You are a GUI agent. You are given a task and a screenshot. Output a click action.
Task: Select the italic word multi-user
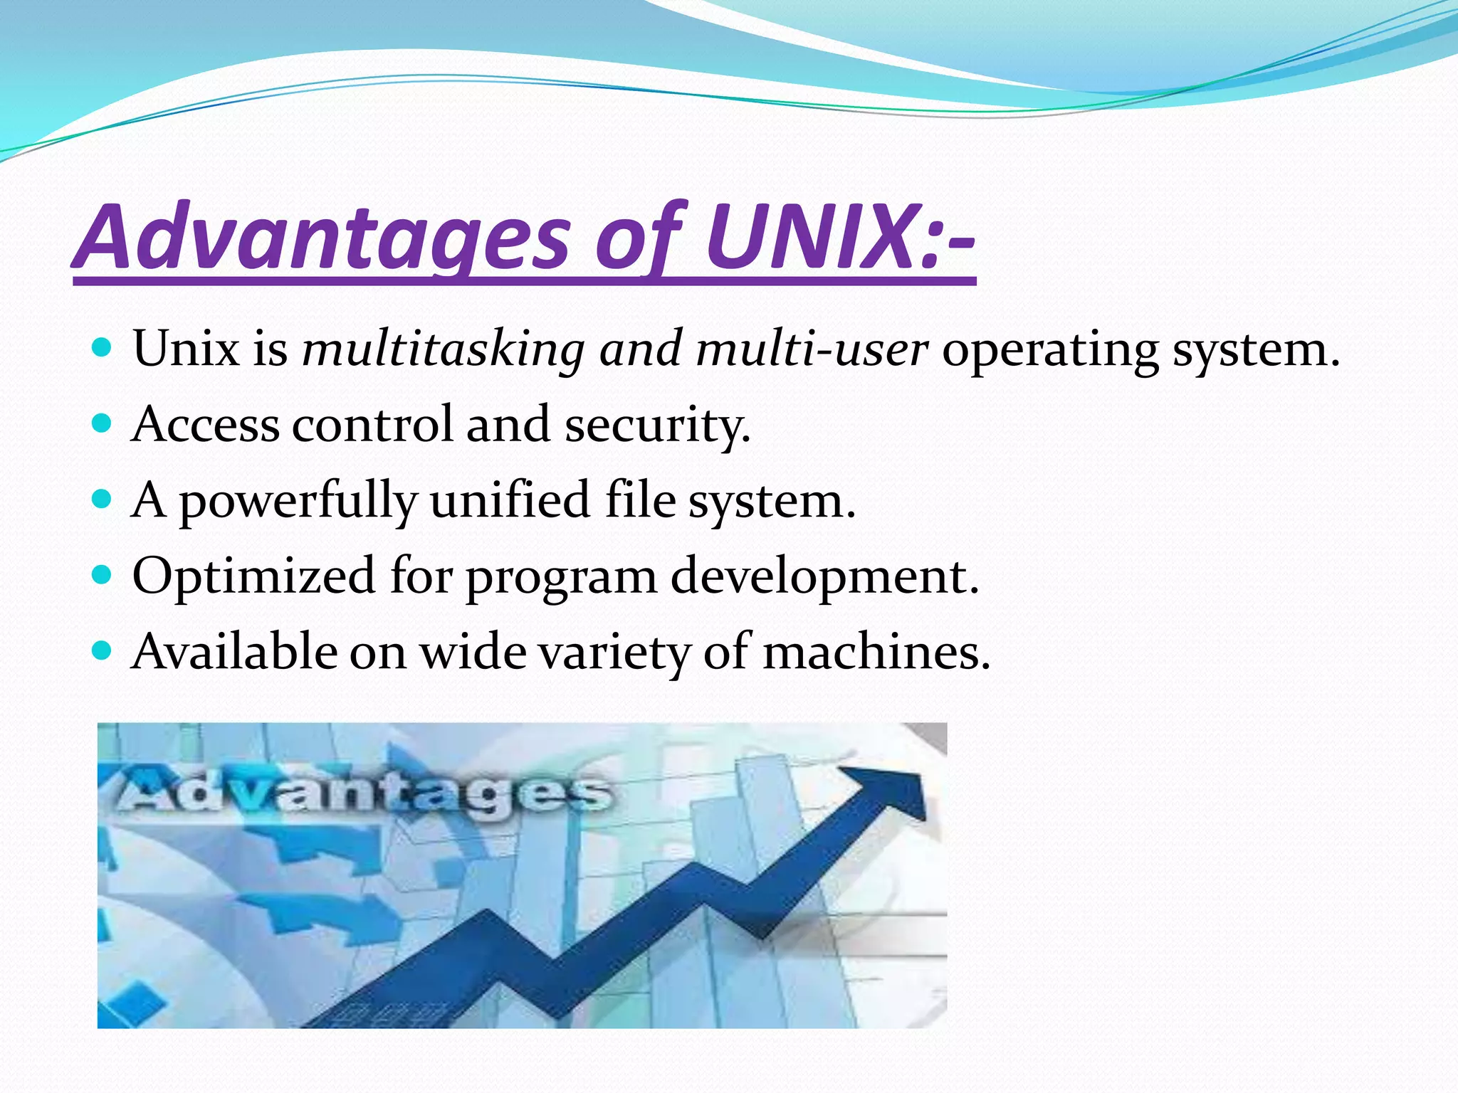click(812, 349)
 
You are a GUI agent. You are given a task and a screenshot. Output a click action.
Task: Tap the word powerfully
click(297, 501)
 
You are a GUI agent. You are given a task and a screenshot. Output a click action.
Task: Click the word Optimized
click(253, 576)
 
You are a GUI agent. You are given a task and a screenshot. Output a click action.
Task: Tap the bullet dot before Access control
click(103, 424)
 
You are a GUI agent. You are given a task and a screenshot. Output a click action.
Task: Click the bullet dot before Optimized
click(103, 575)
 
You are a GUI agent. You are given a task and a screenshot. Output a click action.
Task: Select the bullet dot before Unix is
click(103, 349)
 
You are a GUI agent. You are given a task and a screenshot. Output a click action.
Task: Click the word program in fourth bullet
click(561, 578)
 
